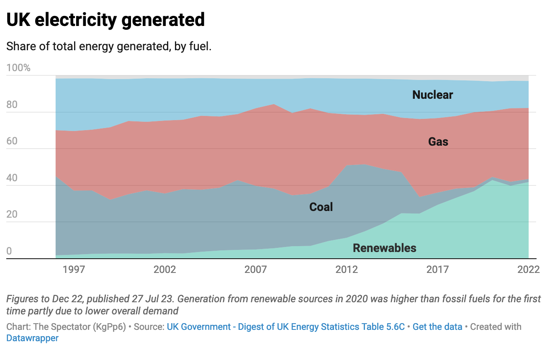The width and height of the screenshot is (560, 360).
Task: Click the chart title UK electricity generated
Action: (105, 20)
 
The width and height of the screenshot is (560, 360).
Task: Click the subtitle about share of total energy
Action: (109, 46)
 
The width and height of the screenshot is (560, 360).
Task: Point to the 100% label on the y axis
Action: (18, 68)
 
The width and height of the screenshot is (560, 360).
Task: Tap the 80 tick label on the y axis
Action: (12, 105)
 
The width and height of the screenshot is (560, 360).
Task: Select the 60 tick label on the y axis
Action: (12, 141)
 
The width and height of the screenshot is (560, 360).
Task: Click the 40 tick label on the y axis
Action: (12, 178)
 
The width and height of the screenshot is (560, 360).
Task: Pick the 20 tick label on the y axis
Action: (12, 214)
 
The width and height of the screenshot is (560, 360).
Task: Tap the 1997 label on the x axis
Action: (74, 269)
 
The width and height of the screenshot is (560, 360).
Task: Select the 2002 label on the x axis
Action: (164, 269)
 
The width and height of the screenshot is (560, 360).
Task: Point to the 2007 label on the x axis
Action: (255, 269)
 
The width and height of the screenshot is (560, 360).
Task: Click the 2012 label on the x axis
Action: (347, 269)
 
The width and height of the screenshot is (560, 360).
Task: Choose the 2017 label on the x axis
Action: (437, 269)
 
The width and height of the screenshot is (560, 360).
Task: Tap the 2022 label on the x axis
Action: (528, 269)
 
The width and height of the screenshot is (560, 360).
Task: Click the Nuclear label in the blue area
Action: (432, 95)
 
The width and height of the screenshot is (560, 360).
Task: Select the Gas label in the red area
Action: (438, 142)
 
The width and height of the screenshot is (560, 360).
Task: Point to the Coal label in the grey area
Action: (321, 207)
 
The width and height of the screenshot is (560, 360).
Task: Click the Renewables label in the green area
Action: (385, 248)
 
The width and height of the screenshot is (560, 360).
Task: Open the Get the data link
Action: (437, 327)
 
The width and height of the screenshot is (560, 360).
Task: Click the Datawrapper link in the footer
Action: (32, 338)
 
